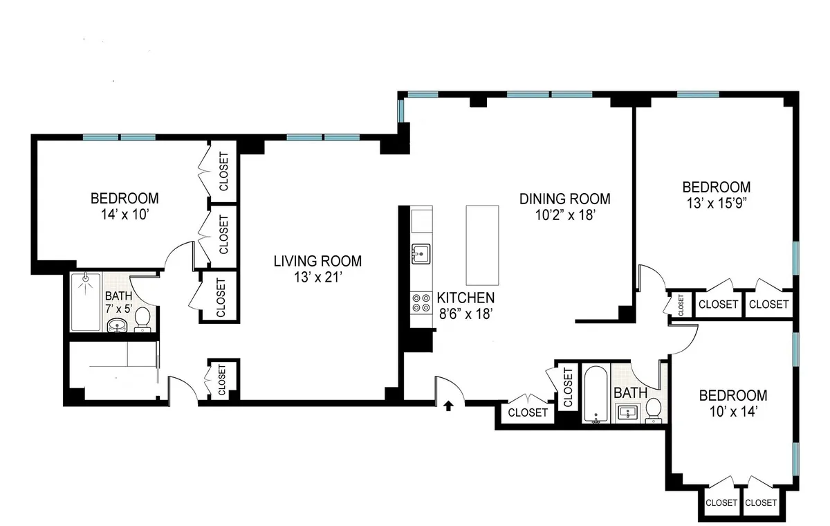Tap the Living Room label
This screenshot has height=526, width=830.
(317, 261)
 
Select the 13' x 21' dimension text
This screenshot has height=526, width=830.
(317, 278)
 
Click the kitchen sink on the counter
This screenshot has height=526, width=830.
(421, 254)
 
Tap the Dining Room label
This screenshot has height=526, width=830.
(565, 199)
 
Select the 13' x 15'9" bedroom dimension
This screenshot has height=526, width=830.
(717, 203)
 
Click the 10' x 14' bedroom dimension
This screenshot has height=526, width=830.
(732, 412)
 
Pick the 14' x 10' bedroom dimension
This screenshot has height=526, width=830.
(124, 215)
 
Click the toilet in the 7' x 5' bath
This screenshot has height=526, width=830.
(142, 319)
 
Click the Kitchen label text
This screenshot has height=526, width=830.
(465, 298)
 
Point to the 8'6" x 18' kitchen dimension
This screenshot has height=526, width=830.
(465, 314)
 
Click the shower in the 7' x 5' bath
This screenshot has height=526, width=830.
(86, 301)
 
